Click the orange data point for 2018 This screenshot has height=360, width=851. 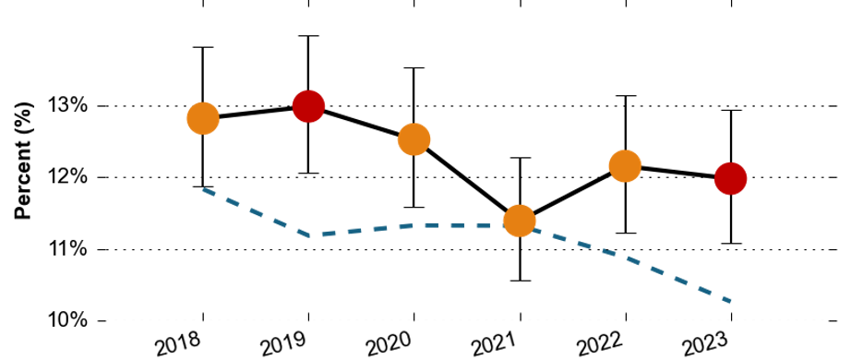[x=203, y=118]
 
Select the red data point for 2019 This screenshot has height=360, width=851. [x=308, y=106]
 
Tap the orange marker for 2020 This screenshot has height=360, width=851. [x=414, y=139]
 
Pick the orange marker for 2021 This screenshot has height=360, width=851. [x=520, y=221]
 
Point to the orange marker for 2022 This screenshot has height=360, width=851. [x=625, y=165]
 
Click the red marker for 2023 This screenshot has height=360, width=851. [x=730, y=178]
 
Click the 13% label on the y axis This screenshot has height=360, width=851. [x=67, y=105]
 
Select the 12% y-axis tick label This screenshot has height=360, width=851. [x=67, y=177]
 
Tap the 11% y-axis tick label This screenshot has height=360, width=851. [x=67, y=249]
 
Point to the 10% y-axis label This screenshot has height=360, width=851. [x=67, y=320]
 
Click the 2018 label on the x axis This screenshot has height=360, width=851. [x=178, y=344]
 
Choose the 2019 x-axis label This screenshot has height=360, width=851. [x=284, y=344]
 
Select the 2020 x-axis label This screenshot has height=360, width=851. [x=390, y=344]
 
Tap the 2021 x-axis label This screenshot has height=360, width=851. [x=496, y=344]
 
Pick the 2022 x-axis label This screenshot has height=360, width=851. [x=601, y=344]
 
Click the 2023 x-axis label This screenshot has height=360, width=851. [x=706, y=344]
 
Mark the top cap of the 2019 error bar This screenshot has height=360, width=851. [x=308, y=36]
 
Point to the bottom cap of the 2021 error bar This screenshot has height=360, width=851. [x=520, y=281]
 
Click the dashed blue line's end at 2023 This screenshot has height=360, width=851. [x=730, y=301]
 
